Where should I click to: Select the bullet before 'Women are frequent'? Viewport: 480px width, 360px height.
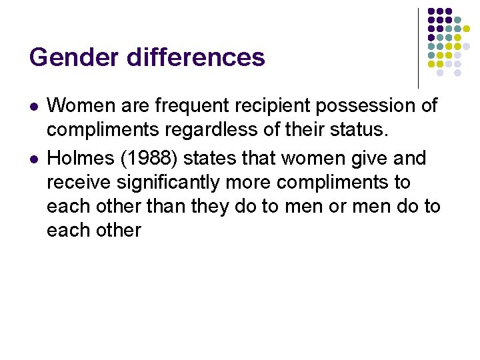tap(33, 107)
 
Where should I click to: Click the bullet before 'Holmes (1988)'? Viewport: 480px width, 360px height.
tap(33, 159)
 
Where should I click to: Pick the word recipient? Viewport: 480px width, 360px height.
tap(271, 105)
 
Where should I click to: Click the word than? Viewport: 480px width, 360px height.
tap(164, 207)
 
